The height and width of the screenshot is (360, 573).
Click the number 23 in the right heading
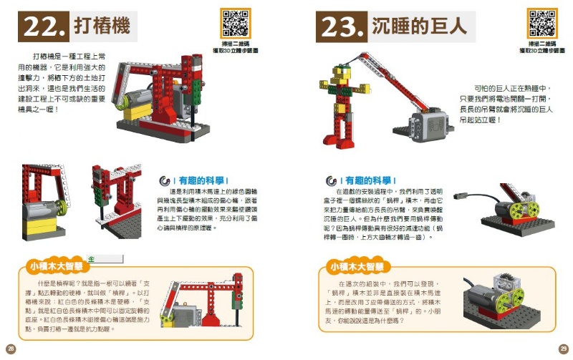tap(341, 27)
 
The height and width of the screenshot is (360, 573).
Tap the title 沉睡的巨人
tap(420, 26)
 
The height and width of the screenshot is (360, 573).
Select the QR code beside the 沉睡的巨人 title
tap(541, 23)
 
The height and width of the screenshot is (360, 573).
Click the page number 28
tap(9, 349)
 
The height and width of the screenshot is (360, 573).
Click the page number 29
tap(563, 349)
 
